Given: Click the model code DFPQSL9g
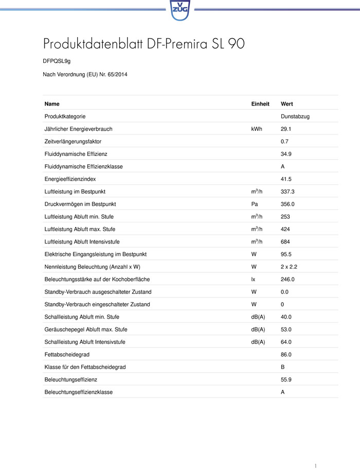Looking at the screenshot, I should tap(57, 61).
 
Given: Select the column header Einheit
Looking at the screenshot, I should tap(260, 104).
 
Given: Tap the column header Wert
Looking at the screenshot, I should tap(286, 104).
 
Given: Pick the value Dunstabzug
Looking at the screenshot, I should tap(295, 116).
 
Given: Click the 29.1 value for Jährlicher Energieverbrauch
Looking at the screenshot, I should tap(286, 129).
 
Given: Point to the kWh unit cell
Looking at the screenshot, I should tap(256, 129).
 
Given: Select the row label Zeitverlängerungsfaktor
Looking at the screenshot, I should tap(73, 142).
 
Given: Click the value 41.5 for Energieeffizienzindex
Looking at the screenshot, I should tap(286, 179).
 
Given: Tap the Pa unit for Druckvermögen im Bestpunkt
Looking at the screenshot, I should tap(254, 204).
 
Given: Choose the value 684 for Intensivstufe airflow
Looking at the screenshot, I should tap(285, 241).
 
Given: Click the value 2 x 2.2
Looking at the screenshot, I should tap(290, 267).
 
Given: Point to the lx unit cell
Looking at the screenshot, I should tap(253, 279).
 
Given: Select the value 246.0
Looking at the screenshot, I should tap(287, 279).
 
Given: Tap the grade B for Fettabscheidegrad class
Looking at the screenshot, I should tap(283, 367).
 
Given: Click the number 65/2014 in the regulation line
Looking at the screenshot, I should tap(116, 74).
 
